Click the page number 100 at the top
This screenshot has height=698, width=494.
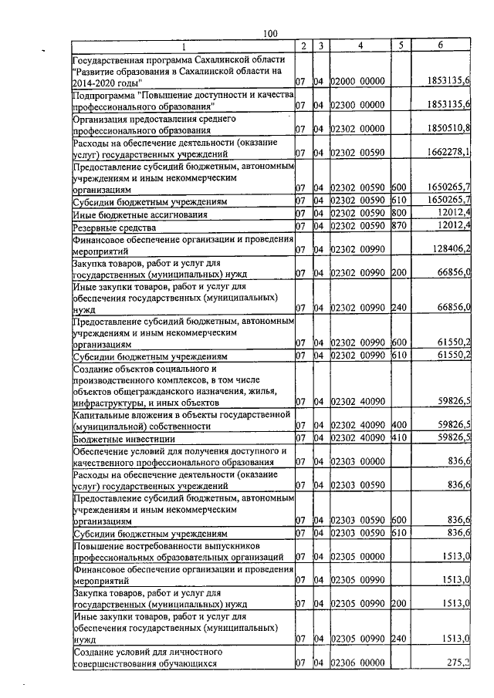pos(269,32)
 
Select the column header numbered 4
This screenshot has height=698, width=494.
pos(360,46)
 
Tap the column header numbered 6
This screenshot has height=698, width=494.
pos(439,46)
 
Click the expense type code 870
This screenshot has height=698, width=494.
pos(399,227)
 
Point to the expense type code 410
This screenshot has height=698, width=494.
pos(399,437)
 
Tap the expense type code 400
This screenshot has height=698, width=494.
pos(399,425)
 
